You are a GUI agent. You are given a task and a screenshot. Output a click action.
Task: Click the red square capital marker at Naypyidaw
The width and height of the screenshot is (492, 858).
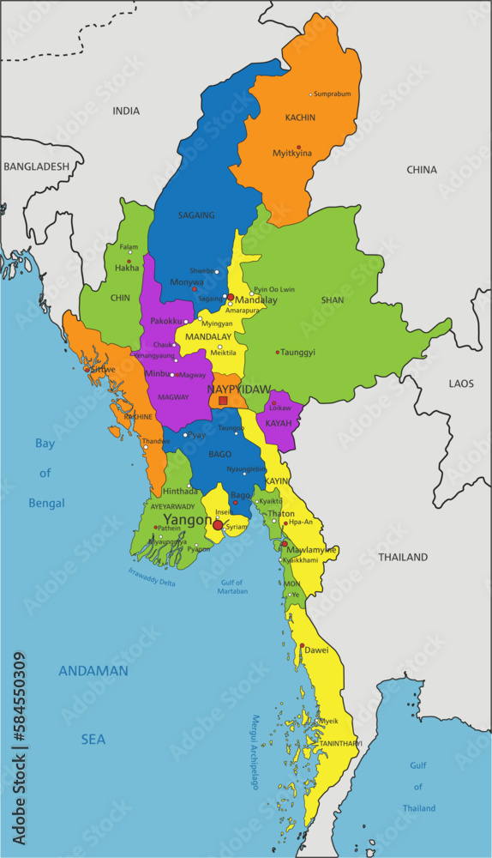coord(223,401)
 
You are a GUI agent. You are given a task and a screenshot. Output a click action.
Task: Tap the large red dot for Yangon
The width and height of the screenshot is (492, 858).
coord(218,525)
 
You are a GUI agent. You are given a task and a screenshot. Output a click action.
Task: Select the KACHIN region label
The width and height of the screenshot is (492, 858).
coord(300,118)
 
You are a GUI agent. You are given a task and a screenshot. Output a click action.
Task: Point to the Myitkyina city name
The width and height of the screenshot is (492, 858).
coord(292,154)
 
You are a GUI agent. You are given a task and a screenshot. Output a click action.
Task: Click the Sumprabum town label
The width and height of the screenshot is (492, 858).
coord(333,94)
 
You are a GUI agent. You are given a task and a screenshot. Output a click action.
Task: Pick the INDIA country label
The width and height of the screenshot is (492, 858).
coord(126,111)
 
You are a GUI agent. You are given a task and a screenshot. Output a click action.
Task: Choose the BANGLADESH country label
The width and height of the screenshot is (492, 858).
coord(36,166)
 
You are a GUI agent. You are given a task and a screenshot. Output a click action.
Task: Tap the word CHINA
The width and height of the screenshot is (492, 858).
coord(421,170)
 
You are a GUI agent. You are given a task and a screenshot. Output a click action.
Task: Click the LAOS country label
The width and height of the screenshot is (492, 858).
coord(461,384)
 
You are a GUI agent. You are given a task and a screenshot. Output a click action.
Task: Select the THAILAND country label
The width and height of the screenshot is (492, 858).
coord(403,557)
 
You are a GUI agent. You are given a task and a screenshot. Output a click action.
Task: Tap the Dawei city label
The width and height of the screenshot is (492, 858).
coord(316,650)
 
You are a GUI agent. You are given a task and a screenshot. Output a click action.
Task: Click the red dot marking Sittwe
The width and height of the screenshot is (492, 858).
coord(87,370)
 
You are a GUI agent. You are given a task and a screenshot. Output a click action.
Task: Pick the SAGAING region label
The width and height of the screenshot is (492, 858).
coord(196,215)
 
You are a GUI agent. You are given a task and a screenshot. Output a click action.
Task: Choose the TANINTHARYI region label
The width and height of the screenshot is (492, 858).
coord(340,743)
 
